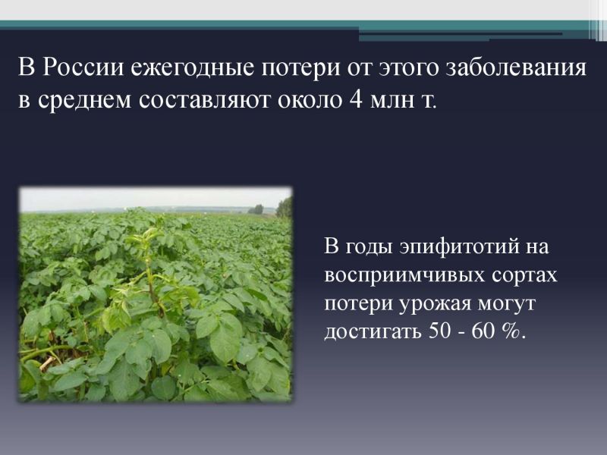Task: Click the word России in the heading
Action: click(83, 67)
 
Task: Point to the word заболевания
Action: click(517, 68)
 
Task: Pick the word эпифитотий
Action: click(460, 247)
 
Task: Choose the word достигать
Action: click(373, 332)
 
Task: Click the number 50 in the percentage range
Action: click(439, 331)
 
